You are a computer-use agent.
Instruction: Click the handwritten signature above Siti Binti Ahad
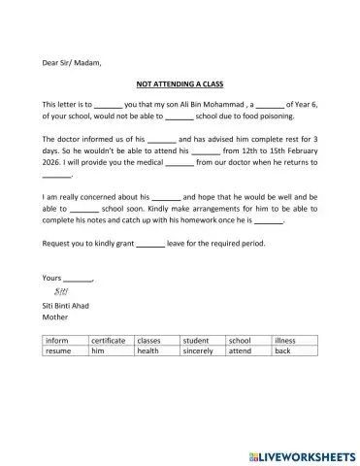pyautogui.click(x=59, y=291)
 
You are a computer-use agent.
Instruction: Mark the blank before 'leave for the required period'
pyautogui.click(x=149, y=243)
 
